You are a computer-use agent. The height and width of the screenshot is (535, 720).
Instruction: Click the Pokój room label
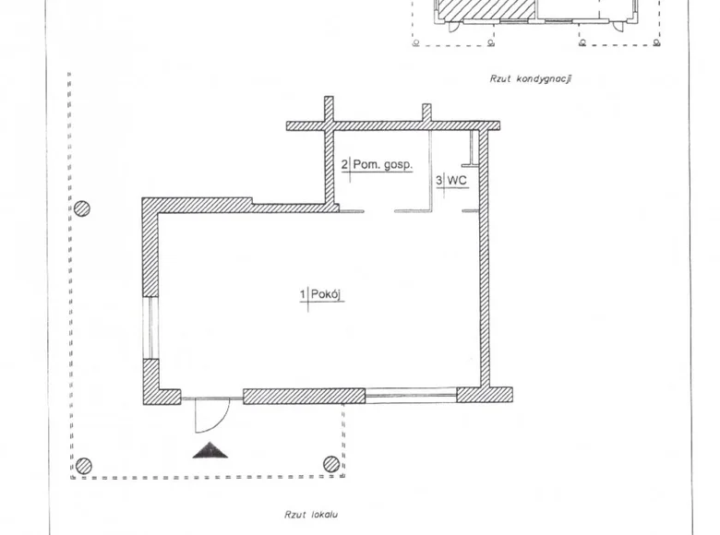tap(327, 294)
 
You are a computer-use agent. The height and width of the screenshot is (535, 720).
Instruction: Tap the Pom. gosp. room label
tap(382, 165)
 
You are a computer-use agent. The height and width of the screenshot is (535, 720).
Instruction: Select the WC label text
tap(457, 180)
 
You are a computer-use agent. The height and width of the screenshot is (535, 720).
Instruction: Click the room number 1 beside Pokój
tap(303, 294)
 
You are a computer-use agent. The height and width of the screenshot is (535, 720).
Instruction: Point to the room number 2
tap(344, 164)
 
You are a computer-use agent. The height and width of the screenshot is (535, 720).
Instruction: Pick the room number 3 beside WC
tap(439, 180)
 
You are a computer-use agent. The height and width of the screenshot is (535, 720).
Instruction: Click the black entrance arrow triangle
tap(210, 450)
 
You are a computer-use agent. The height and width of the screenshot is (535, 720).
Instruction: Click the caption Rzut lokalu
tap(311, 515)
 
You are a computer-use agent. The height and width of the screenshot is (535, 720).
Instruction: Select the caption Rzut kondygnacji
tap(531, 78)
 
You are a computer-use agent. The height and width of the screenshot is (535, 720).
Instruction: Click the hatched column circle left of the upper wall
tap(82, 208)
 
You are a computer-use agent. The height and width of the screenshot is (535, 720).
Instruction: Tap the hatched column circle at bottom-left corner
tap(83, 466)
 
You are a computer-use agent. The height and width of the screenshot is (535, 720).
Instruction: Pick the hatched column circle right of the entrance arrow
tap(331, 464)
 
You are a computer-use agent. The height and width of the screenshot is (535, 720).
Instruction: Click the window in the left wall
tap(150, 327)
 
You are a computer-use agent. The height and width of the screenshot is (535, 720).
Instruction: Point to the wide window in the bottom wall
tap(411, 396)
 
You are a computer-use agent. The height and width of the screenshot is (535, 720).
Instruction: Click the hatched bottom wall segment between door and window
tap(304, 397)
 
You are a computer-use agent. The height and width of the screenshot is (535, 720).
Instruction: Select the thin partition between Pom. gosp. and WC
tap(431, 171)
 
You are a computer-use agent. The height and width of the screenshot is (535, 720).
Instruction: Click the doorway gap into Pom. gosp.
tap(379, 211)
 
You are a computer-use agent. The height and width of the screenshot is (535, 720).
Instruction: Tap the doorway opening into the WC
tap(448, 211)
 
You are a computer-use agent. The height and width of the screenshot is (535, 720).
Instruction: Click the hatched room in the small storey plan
tap(485, 9)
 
